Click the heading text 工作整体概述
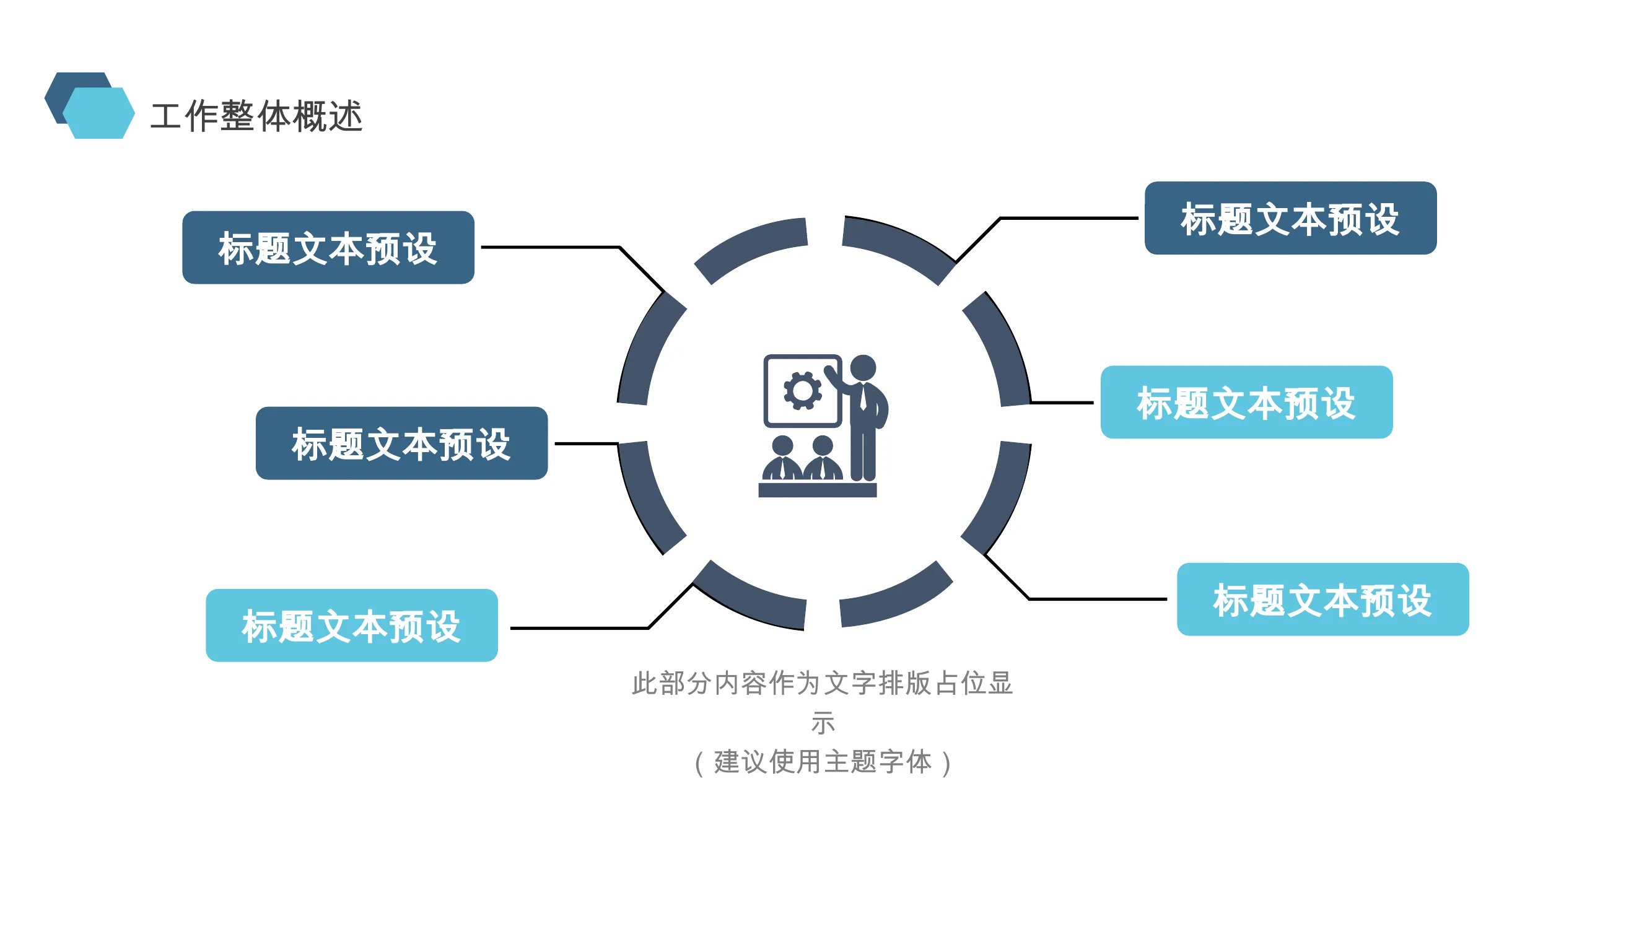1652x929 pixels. [x=256, y=116]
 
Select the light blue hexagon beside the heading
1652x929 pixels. [x=99, y=113]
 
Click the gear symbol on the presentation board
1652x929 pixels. [x=802, y=390]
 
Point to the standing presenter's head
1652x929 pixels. [x=863, y=367]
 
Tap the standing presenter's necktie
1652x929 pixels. [x=863, y=398]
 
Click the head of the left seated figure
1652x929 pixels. [x=782, y=445]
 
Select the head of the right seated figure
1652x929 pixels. [x=822, y=445]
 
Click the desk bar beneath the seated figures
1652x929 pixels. [x=817, y=490]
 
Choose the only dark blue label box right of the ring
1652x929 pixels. [x=1290, y=218]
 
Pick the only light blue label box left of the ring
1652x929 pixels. [x=351, y=625]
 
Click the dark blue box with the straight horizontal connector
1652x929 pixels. [x=401, y=443]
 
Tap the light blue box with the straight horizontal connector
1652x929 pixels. [x=1246, y=402]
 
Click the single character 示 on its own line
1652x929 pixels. [x=823, y=723]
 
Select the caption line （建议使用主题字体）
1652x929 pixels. [x=823, y=762]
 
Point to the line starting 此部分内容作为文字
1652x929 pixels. [x=822, y=683]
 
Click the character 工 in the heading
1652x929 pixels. [x=165, y=116]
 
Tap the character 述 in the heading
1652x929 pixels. [x=346, y=116]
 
